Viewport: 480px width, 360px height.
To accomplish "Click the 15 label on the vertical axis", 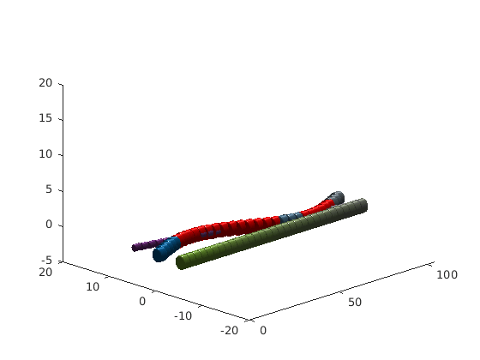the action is (45, 118).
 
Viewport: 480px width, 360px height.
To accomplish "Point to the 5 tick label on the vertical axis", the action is (49, 189).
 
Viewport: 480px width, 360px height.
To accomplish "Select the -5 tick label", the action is (45, 261).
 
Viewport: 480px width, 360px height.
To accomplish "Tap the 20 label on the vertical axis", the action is (45, 82).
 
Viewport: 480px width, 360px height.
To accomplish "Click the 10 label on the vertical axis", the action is (45, 154).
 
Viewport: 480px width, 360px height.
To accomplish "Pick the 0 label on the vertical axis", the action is (49, 225).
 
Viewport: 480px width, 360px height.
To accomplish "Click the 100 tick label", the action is (447, 274).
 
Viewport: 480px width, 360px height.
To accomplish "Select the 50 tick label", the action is (355, 303).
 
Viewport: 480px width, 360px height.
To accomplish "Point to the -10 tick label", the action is (183, 315).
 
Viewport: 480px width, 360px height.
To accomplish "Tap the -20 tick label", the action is (230, 330).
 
